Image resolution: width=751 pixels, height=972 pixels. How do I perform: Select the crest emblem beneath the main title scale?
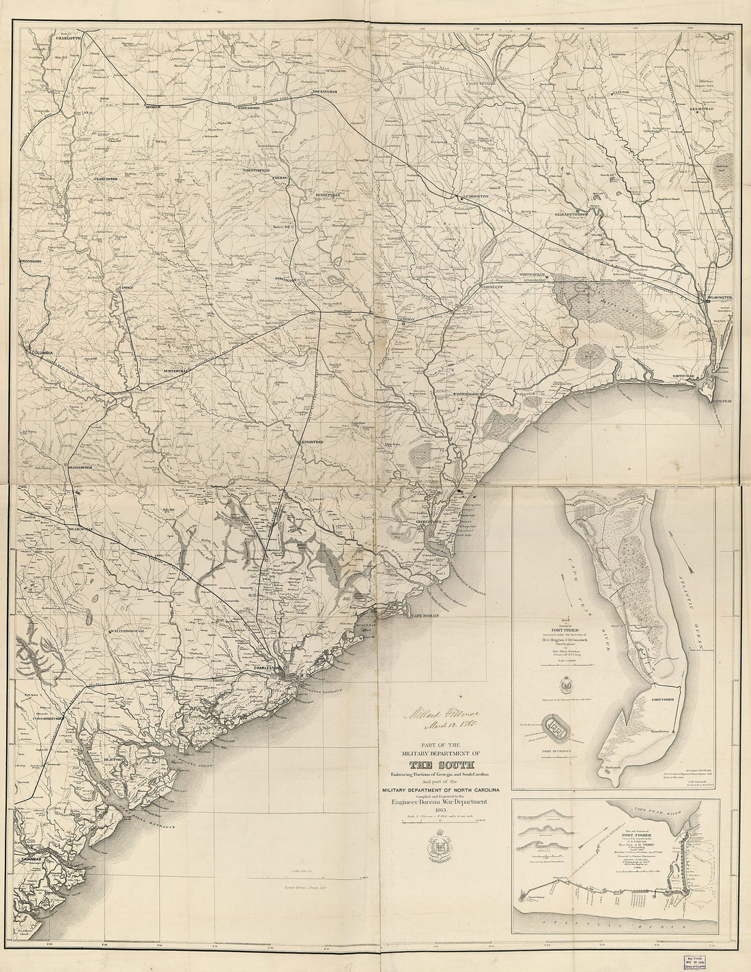[x=437, y=852]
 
